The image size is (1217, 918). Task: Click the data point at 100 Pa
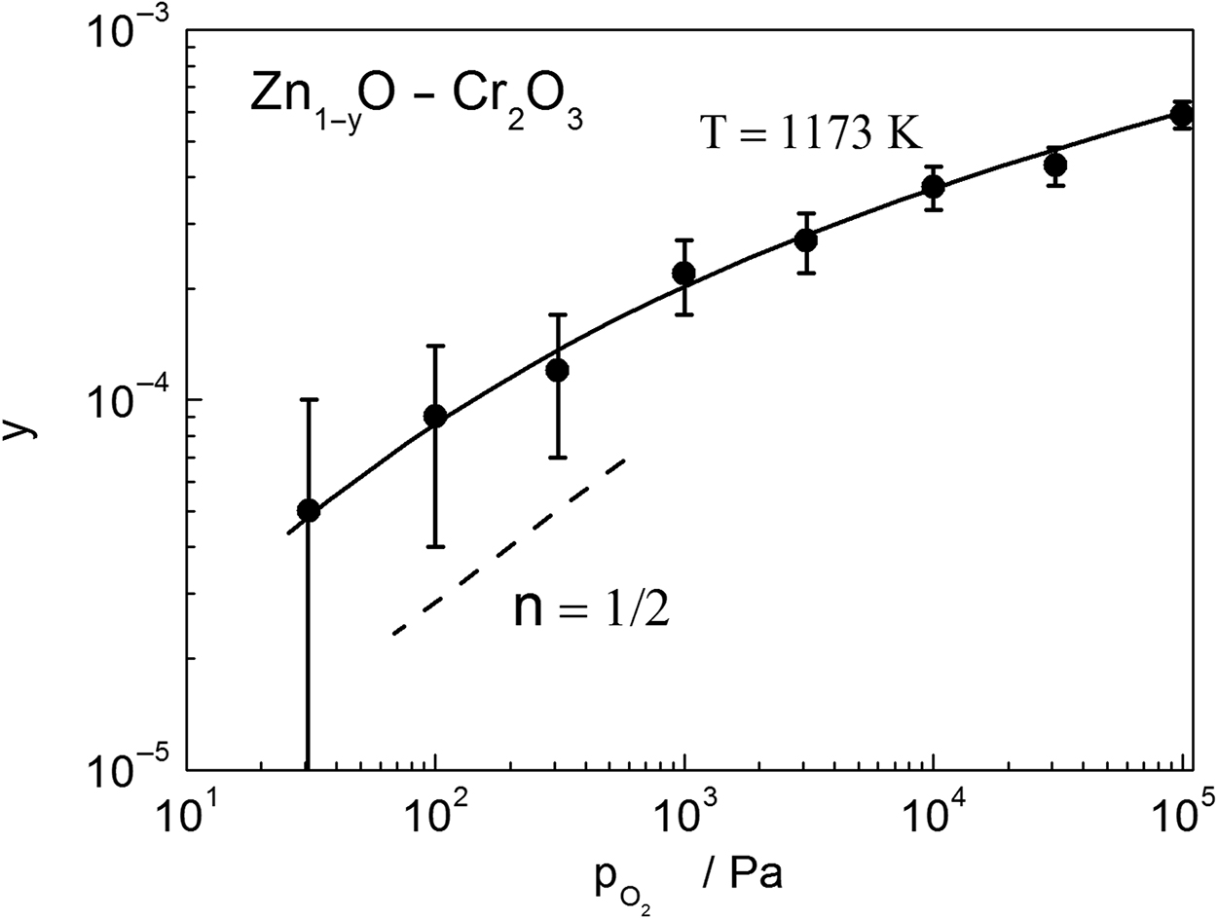[x=435, y=417]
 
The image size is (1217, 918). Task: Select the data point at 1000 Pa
[x=684, y=274]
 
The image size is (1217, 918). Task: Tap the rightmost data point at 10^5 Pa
[x=1182, y=115]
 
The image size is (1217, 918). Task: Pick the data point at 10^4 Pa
[x=934, y=187]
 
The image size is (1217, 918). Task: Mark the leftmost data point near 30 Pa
[x=309, y=510]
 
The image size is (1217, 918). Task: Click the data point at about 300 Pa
[x=557, y=371]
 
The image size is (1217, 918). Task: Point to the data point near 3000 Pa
[x=805, y=240]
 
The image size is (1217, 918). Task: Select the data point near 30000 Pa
[x=1054, y=165]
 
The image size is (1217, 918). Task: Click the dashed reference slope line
[x=506, y=547]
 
